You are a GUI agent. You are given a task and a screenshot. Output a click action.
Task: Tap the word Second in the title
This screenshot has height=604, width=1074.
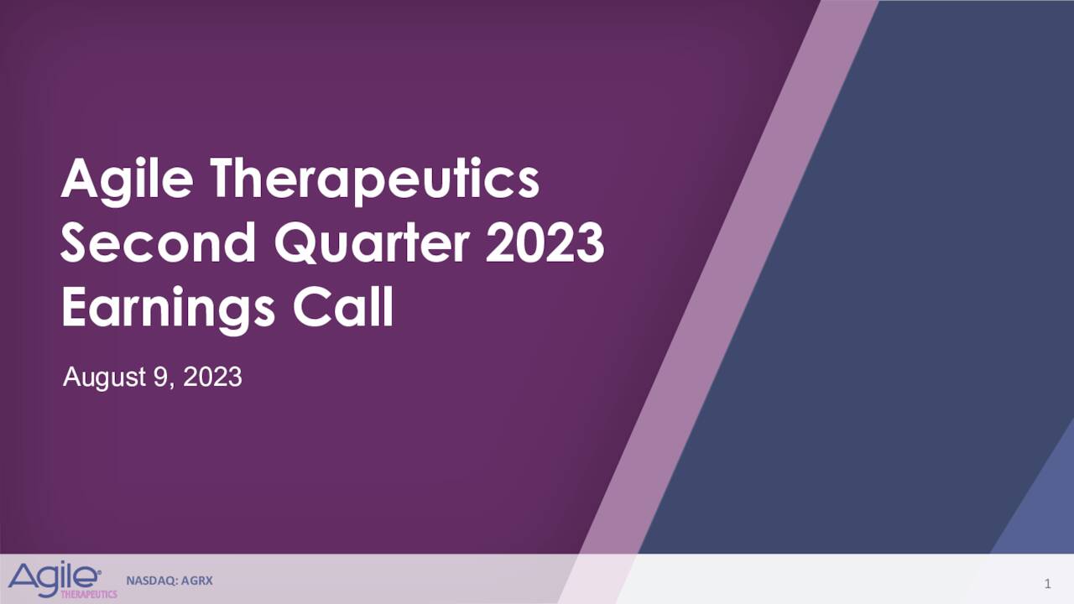[159, 243]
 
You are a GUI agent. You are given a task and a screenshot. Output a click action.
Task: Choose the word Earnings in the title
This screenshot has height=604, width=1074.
[168, 309]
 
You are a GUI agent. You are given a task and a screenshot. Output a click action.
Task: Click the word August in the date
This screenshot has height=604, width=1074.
[104, 377]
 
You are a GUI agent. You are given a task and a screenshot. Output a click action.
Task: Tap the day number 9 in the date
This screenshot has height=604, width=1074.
[159, 377]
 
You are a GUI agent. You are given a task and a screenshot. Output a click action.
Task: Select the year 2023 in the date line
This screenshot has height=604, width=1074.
[212, 377]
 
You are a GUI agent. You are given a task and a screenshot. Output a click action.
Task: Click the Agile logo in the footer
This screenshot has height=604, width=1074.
[55, 577]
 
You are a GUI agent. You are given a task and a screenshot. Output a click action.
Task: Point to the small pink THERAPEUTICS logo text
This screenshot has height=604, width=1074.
[89, 594]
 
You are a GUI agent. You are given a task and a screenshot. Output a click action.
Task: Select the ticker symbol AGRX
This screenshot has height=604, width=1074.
[196, 580]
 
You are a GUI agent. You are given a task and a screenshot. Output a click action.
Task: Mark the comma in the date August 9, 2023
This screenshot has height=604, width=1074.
[174, 384]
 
